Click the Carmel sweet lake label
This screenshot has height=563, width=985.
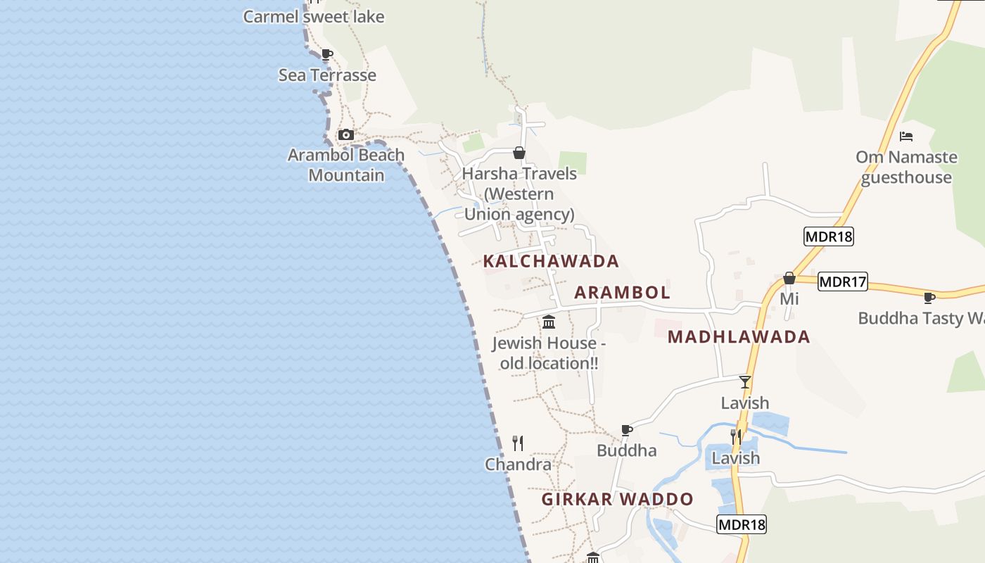(314, 16)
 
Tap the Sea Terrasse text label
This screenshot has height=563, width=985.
(327, 75)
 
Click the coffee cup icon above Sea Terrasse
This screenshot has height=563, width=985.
(326, 54)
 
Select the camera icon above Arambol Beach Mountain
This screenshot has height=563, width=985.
(345, 134)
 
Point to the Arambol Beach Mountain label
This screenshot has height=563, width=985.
(346, 165)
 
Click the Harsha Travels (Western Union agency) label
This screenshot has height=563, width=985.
(519, 194)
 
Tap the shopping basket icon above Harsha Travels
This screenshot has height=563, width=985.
(519, 153)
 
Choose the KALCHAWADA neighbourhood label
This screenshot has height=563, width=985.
(551, 261)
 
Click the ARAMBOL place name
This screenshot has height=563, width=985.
(622, 292)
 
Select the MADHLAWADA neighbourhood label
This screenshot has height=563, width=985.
(739, 336)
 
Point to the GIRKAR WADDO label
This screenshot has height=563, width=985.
(617, 499)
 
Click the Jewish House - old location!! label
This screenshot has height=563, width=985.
(549, 353)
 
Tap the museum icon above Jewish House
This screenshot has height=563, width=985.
(549, 322)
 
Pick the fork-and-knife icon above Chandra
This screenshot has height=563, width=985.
(518, 443)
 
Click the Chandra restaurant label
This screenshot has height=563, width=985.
(518, 464)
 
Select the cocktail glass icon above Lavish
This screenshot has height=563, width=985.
(745, 382)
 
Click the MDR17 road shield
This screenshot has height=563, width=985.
(843, 281)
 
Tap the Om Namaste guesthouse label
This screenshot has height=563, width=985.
(906, 167)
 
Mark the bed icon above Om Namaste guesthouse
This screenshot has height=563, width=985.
(906, 136)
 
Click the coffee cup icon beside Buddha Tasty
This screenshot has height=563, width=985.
(929, 298)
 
